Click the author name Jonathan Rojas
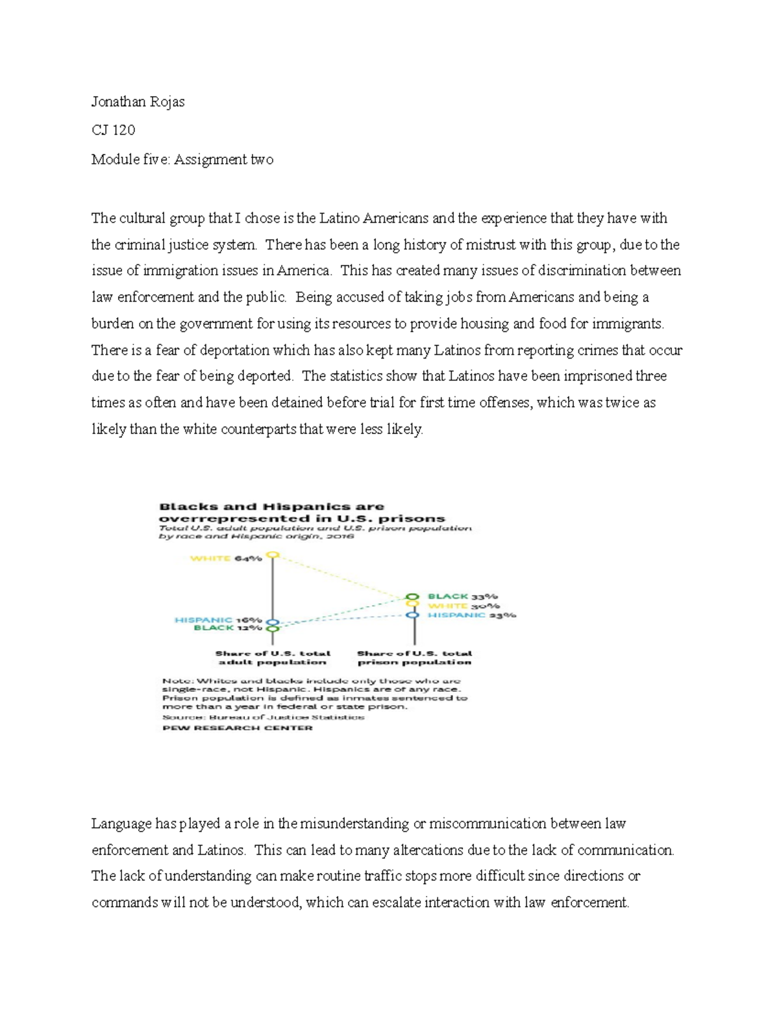coord(138,102)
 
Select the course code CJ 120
coord(113,131)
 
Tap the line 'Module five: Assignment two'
coord(182,160)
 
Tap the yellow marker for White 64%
coord(273,556)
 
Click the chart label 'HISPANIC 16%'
coord(218,620)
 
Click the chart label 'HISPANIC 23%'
coord(472,615)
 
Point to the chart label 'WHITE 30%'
coord(464,606)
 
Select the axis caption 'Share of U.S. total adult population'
coord(273,658)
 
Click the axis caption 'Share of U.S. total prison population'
coord(414,658)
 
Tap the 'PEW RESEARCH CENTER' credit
coord(237,728)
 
